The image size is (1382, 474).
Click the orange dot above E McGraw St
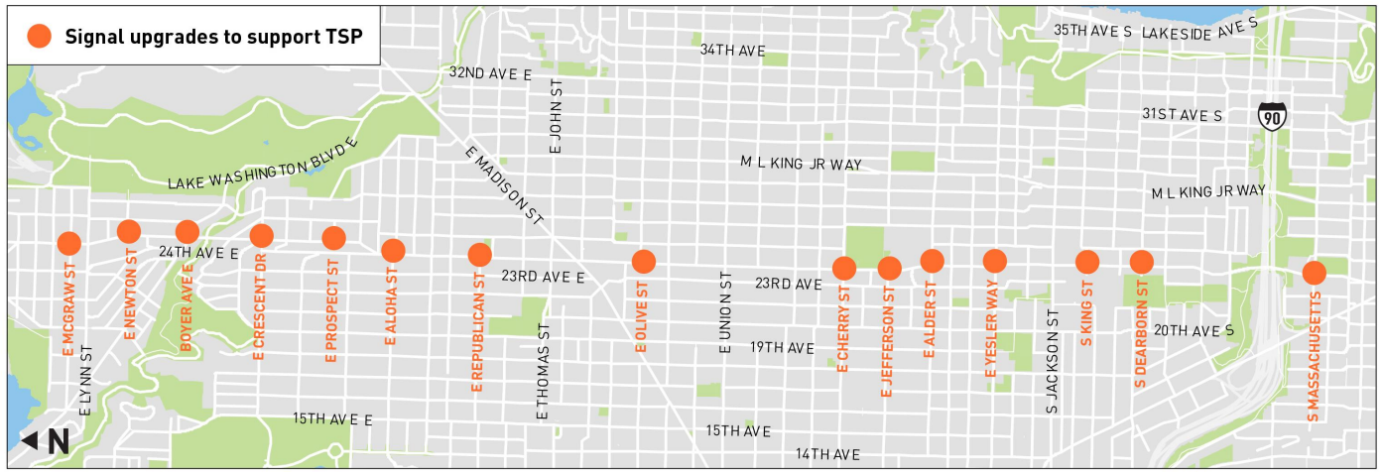click(x=68, y=243)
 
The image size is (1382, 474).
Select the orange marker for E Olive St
click(x=644, y=262)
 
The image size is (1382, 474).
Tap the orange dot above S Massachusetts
click(x=1314, y=273)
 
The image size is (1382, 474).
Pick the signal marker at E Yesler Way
click(x=994, y=261)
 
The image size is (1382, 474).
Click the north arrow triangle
click(x=30, y=440)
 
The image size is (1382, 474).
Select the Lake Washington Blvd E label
click(x=262, y=166)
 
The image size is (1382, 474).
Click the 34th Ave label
click(x=732, y=50)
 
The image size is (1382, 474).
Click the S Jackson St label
click(x=1053, y=359)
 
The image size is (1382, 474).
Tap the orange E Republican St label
click(x=477, y=340)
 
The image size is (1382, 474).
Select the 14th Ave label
click(x=827, y=454)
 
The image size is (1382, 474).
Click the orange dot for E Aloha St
click(x=393, y=251)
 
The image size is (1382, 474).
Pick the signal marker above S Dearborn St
click(x=1141, y=262)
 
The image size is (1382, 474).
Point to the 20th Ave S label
click(x=1194, y=330)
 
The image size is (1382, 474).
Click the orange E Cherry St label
click(x=843, y=328)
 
